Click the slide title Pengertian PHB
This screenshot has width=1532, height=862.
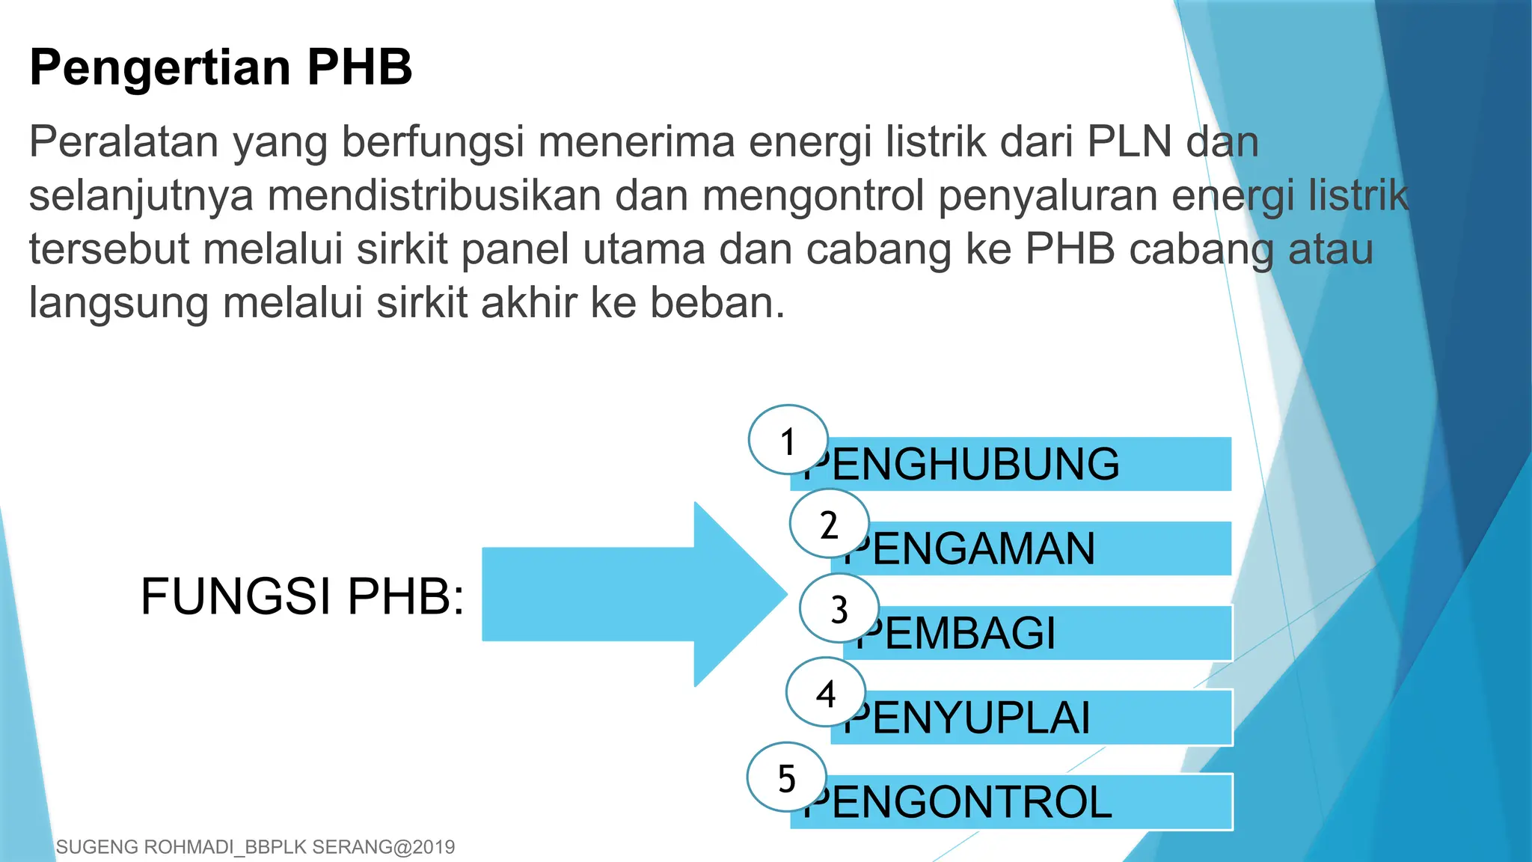coord(221,67)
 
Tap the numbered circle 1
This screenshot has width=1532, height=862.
coord(788,440)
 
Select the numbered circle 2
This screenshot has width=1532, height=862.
coord(829,524)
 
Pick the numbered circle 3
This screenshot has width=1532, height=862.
coord(839,608)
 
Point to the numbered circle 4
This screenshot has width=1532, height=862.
coord(825,693)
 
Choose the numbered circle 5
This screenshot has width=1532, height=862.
coord(786,777)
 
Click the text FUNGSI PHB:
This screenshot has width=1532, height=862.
coord(302,596)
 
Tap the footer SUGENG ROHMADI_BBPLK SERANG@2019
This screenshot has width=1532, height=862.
coord(255,847)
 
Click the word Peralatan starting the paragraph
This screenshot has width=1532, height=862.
coord(123,141)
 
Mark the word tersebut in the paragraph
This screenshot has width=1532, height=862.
coord(109,249)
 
